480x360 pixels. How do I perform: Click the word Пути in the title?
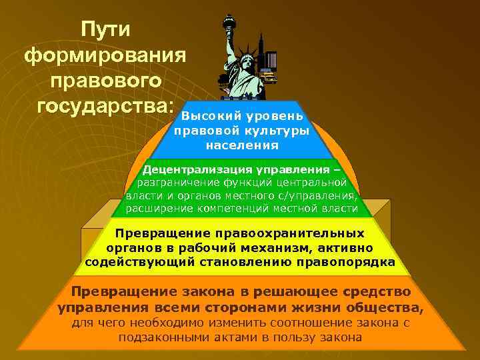pos(107,29)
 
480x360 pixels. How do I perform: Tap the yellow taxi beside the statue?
pos(269,77)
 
